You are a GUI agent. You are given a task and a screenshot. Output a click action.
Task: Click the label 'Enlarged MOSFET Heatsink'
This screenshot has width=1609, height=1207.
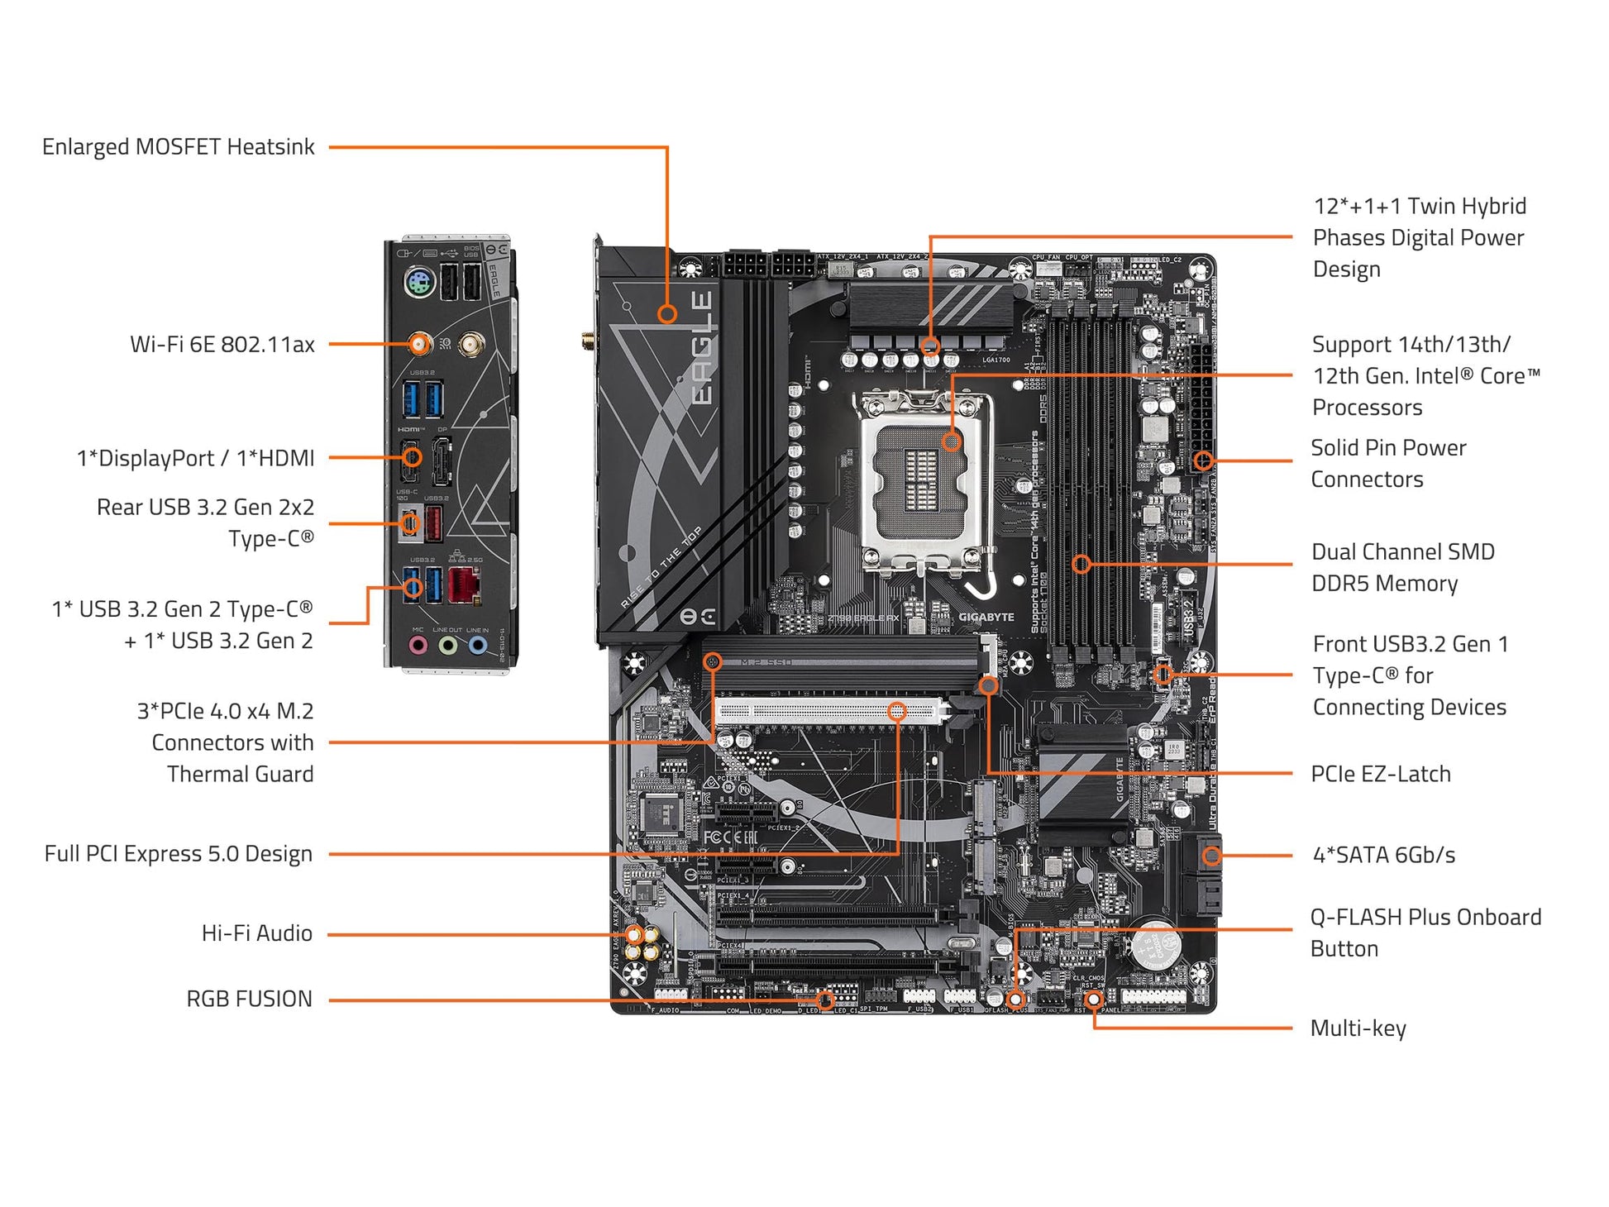click(178, 147)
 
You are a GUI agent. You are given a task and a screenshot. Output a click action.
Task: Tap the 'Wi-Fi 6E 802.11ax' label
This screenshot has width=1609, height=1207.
click(222, 344)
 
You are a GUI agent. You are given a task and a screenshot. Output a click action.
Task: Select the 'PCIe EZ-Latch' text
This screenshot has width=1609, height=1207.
click(1380, 774)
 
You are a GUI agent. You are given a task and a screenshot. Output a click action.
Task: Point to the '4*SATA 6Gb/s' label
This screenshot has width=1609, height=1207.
click(1383, 855)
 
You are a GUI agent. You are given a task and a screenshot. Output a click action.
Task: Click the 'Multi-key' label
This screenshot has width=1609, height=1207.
click(1358, 1028)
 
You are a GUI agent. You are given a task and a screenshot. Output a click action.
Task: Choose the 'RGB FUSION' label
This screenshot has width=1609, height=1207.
click(249, 999)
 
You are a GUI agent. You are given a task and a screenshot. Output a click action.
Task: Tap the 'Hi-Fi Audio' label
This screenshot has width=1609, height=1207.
click(256, 933)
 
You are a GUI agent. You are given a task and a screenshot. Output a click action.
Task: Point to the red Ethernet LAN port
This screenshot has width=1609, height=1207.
click(464, 585)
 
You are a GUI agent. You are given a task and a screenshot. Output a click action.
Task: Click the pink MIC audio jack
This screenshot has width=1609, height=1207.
click(418, 645)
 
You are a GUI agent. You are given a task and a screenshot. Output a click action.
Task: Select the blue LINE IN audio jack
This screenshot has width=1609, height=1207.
click(477, 645)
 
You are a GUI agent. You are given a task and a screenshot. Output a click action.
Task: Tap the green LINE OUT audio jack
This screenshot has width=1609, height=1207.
click(447, 645)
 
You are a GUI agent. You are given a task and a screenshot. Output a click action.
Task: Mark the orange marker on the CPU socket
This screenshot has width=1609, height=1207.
click(952, 441)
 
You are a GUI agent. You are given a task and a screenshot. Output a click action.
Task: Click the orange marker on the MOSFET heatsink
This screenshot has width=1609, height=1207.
click(667, 314)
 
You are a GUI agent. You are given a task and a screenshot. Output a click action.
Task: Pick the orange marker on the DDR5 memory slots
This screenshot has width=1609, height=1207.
click(1081, 564)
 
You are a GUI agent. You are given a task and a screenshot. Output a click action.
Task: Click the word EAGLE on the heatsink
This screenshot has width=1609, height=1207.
click(701, 347)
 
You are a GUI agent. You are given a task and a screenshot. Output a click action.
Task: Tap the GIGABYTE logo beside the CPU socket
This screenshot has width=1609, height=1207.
click(986, 617)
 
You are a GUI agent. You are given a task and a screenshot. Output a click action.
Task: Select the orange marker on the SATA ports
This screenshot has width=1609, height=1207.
click(1211, 856)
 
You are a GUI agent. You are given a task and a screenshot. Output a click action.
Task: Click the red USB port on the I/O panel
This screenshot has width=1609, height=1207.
click(433, 524)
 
